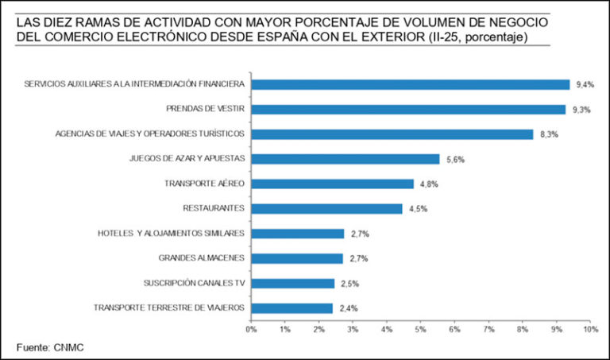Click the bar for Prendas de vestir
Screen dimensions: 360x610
tap(408, 109)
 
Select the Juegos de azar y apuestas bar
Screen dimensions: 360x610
tap(345, 158)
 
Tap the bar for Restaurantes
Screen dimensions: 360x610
tap(326, 208)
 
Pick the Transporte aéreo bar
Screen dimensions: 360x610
tap(332, 184)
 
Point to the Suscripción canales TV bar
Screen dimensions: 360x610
tap(292, 283)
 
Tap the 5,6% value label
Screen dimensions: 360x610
tap(455, 159)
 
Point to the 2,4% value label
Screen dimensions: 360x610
tap(349, 308)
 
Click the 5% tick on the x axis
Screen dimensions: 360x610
tap(421, 328)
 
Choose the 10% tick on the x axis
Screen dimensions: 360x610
tap(590, 328)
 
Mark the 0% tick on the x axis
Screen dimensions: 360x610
tap(251, 328)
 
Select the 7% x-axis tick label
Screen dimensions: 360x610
tap(488, 328)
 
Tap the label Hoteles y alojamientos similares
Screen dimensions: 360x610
tap(171, 233)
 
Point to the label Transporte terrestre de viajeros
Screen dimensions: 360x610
tap(169, 308)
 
